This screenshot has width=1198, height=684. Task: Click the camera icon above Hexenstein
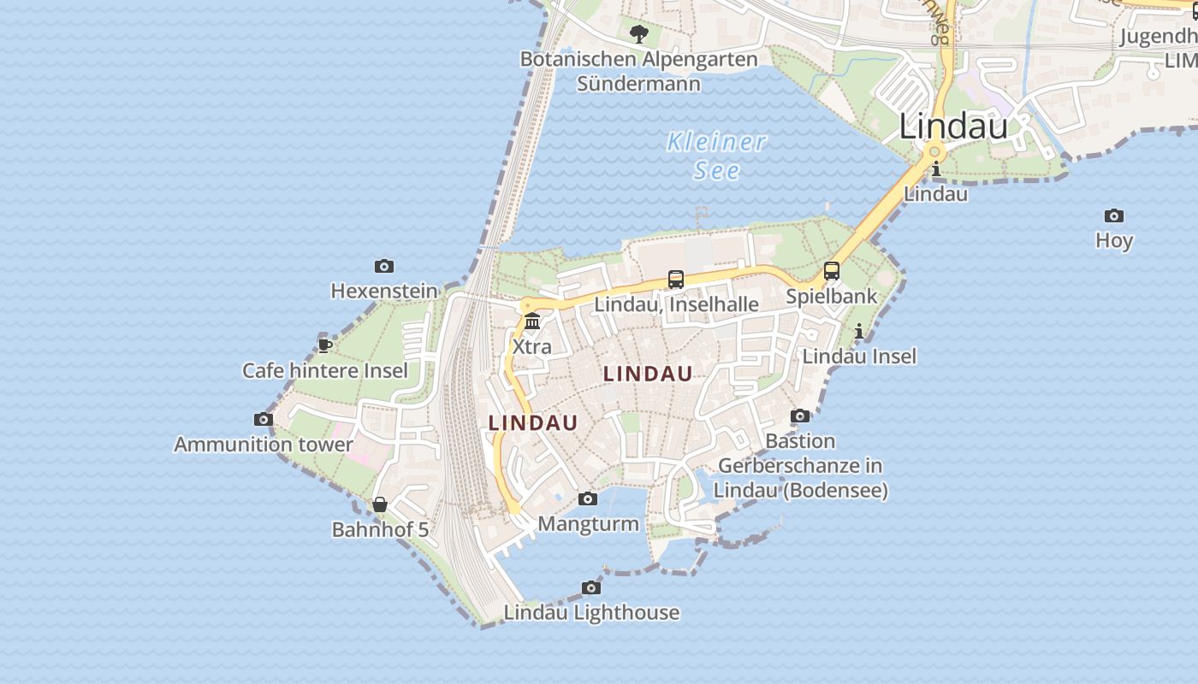click(x=384, y=267)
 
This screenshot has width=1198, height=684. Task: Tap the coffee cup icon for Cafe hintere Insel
click(x=325, y=345)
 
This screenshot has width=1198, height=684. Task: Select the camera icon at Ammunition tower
click(x=264, y=419)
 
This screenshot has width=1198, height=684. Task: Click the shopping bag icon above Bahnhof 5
click(x=380, y=504)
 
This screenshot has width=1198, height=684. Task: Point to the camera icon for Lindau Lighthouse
click(x=591, y=587)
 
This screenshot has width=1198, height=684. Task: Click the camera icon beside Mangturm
click(x=588, y=498)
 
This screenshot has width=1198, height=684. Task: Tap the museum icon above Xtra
click(x=532, y=321)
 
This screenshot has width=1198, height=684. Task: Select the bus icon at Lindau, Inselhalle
click(x=676, y=279)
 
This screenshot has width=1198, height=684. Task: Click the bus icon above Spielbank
click(x=832, y=271)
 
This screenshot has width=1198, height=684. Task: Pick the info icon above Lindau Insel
click(x=859, y=331)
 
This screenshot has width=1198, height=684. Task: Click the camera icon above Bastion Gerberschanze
click(x=800, y=416)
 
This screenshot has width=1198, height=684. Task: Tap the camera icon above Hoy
click(x=1113, y=215)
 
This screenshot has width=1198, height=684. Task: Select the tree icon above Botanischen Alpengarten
click(x=638, y=34)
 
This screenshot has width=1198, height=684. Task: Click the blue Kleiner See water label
click(x=717, y=156)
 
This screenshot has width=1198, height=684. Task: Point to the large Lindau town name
click(x=953, y=127)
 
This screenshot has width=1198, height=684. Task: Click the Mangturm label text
click(x=589, y=524)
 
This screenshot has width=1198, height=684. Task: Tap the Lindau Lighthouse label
click(x=591, y=612)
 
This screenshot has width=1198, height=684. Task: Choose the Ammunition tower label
click(x=264, y=445)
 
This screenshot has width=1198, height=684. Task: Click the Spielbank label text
click(x=832, y=297)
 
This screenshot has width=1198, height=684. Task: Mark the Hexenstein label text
click(x=384, y=292)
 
